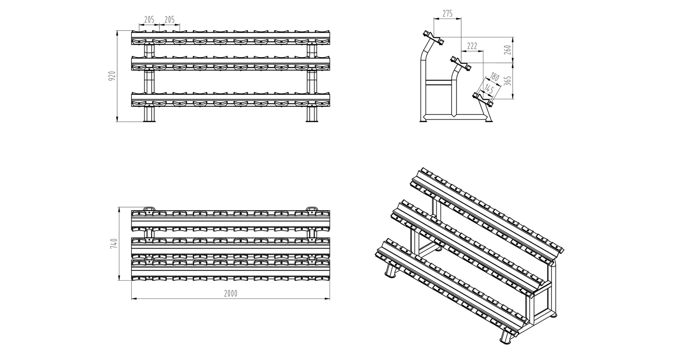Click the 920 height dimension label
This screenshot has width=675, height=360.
pos(112,76)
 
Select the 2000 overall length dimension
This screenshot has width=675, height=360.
pos(231,294)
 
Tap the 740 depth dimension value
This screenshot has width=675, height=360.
pos(114,244)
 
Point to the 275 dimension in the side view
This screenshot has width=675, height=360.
pos(447,14)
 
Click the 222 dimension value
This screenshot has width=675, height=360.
pos(472,46)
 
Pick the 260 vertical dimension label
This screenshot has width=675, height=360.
pos(508,50)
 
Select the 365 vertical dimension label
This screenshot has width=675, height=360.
pos(508,81)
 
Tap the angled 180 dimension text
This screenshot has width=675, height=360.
pos(495,77)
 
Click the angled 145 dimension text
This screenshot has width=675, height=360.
pos(489,89)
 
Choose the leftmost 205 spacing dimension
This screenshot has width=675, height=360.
pos(149,20)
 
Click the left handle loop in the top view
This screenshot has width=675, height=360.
pos(149,209)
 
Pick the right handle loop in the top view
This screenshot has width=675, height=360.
pos(311,209)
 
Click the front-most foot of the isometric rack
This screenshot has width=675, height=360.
pos(505,339)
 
